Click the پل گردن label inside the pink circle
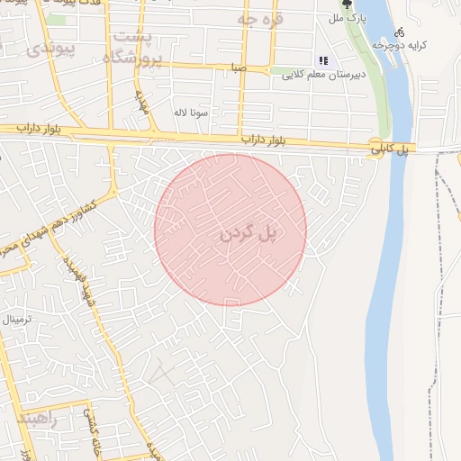coord(246,232)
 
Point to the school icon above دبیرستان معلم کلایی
coord(322,61)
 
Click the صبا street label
coord(238,68)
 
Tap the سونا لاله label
coord(194,113)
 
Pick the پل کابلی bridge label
coord(393,150)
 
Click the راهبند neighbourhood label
coord(36,420)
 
